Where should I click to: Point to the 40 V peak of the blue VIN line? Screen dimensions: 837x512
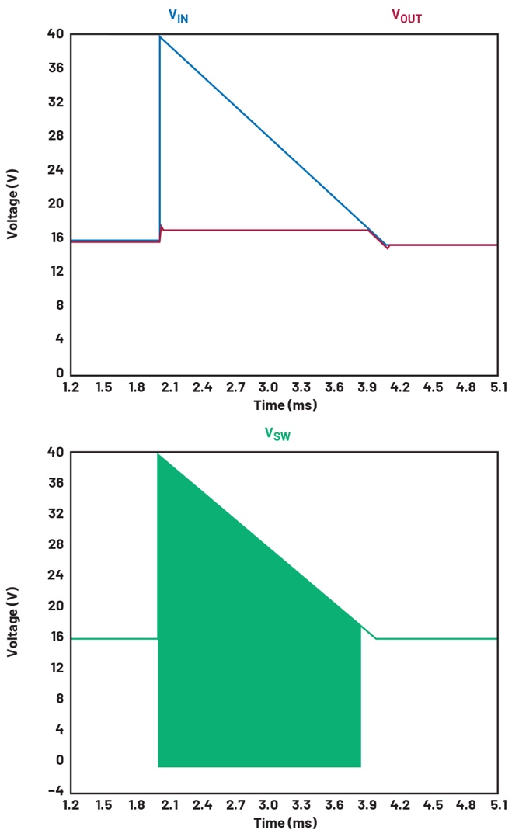coord(160,36)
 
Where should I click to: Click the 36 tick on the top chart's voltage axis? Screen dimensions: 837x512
coord(56,68)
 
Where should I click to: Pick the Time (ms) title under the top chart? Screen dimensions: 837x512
coord(285,405)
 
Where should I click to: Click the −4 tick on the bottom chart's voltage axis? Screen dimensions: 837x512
coord(53,790)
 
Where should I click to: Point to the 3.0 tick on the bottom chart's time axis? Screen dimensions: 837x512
coord(268,805)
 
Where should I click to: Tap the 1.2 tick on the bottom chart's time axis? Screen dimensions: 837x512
coord(71,805)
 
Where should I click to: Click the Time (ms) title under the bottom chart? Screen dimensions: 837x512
coord(285,822)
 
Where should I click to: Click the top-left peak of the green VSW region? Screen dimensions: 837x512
coord(158,453)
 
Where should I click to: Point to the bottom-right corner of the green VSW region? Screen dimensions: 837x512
coord(360,766)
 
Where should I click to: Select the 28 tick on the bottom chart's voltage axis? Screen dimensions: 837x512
coord(56,545)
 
